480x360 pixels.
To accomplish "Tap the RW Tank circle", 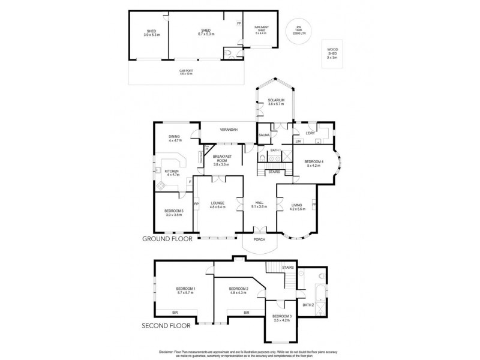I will (x=295, y=29).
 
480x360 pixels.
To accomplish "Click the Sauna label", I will (x=263, y=136).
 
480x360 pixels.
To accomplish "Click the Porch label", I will (x=259, y=239).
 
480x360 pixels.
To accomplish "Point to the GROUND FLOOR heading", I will (x=166, y=238).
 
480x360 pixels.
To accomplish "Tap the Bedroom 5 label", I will (x=173, y=212).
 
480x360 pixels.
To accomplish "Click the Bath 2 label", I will (x=308, y=305).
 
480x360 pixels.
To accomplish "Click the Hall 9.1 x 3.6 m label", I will (x=259, y=205).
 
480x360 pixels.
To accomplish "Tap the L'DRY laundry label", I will (x=310, y=133).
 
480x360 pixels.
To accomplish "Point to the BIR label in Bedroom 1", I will (x=175, y=313).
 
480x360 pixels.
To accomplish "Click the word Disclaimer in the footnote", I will (x=167, y=351).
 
